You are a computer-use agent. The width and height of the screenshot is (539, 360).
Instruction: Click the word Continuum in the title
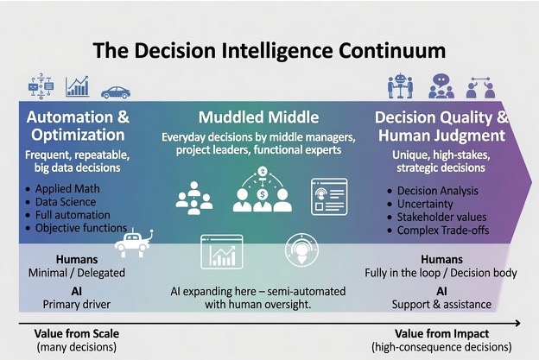(392, 50)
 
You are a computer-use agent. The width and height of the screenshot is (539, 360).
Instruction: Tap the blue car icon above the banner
(116, 92)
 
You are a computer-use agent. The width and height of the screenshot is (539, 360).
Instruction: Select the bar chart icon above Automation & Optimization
(77, 86)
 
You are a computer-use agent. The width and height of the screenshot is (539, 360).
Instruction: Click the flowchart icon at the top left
(41, 85)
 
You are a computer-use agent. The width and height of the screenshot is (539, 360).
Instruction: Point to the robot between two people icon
(400, 86)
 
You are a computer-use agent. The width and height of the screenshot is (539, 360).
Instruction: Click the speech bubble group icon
(441, 86)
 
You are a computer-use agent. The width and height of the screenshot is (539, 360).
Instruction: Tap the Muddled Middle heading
(258, 117)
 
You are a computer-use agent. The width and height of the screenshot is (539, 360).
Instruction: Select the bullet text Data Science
(66, 202)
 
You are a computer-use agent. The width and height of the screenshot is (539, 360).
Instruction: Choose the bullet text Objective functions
(81, 228)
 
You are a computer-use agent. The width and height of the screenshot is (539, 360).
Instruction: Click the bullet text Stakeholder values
(441, 217)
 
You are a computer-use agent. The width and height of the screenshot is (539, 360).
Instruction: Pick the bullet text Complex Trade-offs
(443, 231)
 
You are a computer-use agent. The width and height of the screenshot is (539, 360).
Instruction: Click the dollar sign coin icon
(263, 194)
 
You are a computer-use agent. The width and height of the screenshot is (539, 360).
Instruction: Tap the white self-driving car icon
(134, 243)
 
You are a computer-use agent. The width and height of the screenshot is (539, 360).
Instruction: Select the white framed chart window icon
(222, 251)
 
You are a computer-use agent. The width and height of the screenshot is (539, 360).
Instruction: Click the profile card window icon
(329, 197)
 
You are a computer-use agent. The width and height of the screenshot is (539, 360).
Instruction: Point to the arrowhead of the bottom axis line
(519, 323)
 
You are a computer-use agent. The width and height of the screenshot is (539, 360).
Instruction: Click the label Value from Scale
(77, 333)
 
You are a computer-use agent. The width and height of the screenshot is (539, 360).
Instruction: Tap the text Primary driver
(76, 305)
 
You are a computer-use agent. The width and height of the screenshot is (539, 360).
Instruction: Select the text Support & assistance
(441, 305)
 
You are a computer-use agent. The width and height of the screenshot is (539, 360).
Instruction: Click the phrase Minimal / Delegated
(77, 273)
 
